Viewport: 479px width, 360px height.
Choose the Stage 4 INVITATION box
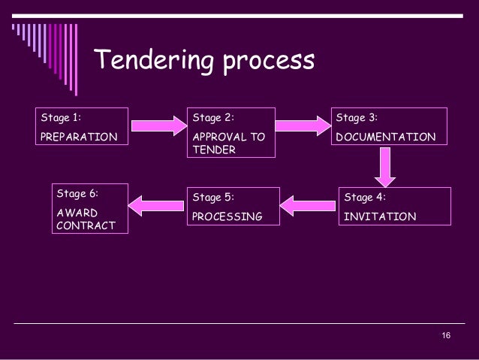tap(395, 207)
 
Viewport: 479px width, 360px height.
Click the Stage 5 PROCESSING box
tap(232, 207)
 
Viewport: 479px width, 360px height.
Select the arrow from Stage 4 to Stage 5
tap(309, 201)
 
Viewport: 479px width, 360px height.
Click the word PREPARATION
tap(80, 138)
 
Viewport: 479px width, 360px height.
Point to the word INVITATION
tap(379, 217)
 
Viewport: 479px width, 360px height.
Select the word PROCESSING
tap(227, 217)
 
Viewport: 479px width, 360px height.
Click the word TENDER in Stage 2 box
tap(214, 149)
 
